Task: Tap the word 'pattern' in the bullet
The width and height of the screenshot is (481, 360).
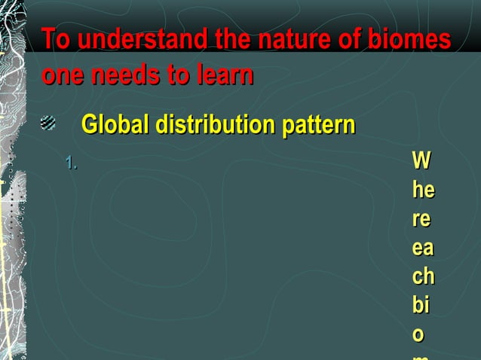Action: coord(317,124)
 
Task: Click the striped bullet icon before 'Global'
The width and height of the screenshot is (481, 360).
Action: coord(47,122)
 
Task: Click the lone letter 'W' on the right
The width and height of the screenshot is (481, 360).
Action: coord(422,161)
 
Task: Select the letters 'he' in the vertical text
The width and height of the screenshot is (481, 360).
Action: coord(422,190)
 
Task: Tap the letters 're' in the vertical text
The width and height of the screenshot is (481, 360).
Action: coord(421,218)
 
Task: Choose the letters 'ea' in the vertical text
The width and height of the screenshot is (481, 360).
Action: coord(422,247)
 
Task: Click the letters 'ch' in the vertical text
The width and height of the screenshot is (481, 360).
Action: coord(422,276)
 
